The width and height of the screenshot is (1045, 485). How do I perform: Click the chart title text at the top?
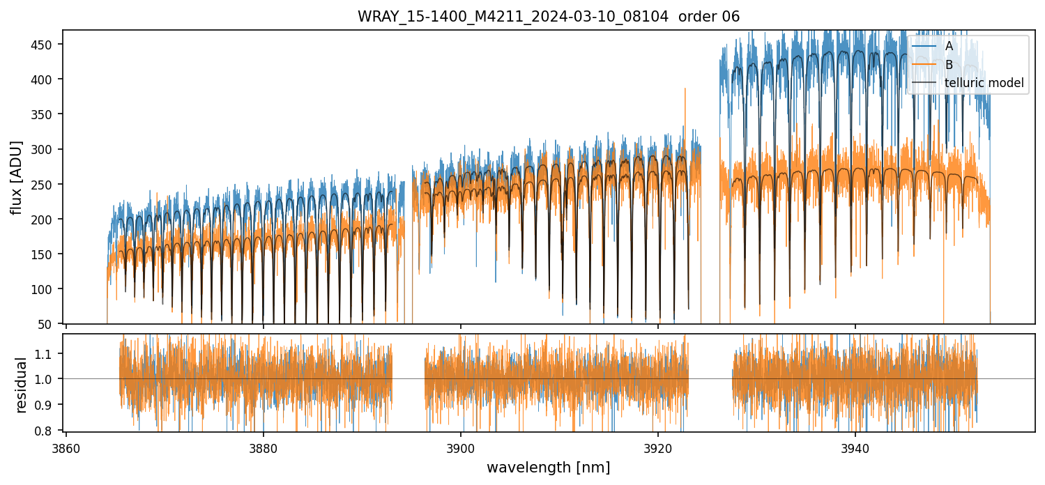click(549, 16)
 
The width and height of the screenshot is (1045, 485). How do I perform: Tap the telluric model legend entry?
click(984, 83)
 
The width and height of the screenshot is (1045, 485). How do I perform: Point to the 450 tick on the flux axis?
click(47, 45)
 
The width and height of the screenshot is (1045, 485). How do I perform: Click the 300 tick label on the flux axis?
click(47, 149)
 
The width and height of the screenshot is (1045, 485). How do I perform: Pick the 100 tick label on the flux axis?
click(47, 289)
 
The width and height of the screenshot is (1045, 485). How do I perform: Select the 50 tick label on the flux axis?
click(49, 324)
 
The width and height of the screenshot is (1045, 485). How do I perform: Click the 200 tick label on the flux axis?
click(47, 220)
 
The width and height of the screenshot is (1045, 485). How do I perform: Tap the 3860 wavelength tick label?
click(66, 447)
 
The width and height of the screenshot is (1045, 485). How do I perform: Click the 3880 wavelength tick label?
click(264, 447)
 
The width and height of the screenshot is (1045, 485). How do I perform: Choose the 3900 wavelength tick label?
click(461, 447)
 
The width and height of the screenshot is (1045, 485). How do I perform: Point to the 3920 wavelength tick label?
click(658, 447)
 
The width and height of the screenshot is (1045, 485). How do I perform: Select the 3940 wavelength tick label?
click(855, 447)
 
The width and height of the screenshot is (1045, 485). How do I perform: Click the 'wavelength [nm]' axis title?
click(548, 467)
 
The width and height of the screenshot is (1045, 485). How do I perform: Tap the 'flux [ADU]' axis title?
click(16, 177)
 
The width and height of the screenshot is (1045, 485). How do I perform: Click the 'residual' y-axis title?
click(21, 385)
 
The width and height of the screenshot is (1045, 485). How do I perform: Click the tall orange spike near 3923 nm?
click(685, 91)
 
